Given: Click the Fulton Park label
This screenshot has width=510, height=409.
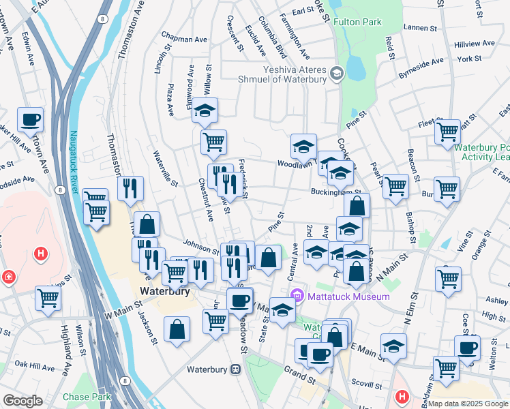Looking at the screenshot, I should pos(357,22).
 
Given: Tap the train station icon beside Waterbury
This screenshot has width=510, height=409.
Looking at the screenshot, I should pos(236,369).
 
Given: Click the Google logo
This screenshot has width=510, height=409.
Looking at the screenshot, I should pos(22,401).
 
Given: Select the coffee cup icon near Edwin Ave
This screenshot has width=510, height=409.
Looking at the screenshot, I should pos(31,121).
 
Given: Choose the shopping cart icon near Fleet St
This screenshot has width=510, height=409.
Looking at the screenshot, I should pos(447,131).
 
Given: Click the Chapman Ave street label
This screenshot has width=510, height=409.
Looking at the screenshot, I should pos(184,40).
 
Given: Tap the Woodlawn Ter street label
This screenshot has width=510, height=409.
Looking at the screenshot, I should pos(299,164).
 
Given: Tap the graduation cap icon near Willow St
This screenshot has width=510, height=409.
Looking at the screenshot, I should pos(204,110).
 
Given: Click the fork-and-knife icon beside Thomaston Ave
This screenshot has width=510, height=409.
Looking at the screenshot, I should pos(130,187).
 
